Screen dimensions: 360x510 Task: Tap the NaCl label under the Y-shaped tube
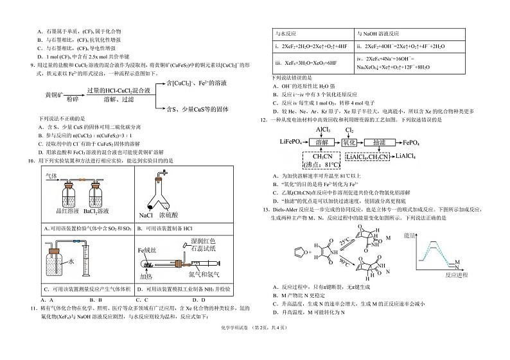click(x=146, y=214)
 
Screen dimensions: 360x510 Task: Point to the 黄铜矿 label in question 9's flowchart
click(x=37, y=94)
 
